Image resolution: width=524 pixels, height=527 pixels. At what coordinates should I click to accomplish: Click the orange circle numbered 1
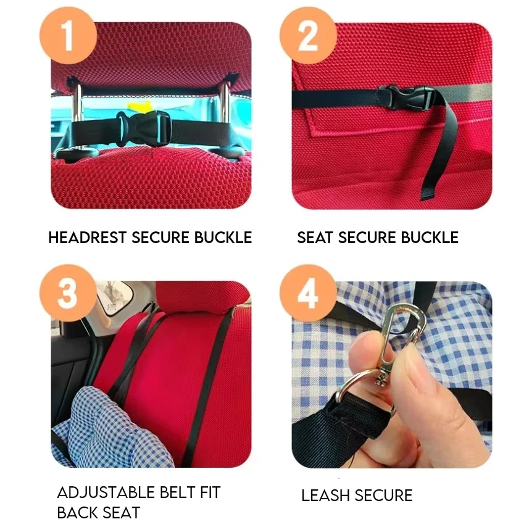[x=69, y=35]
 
